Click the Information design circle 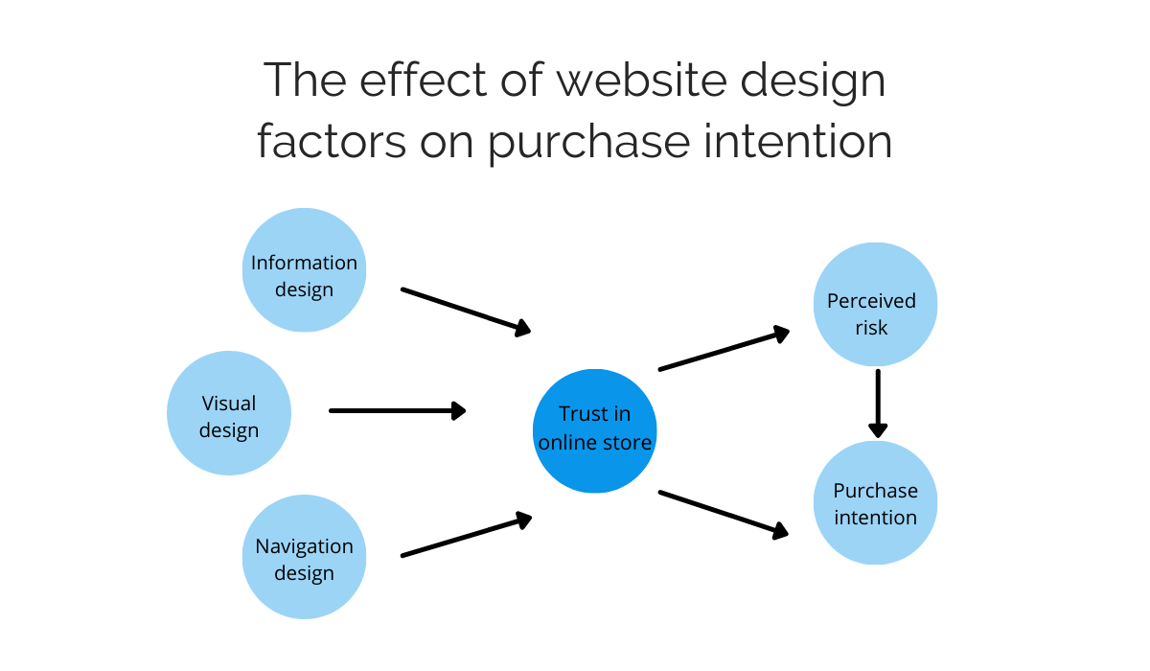point(304,270)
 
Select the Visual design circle point(229,413)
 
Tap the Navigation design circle point(304,556)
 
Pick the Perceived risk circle point(874,305)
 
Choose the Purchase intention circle point(875,502)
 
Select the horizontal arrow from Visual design point(397,410)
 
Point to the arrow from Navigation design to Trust point(466,536)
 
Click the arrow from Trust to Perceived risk point(724,350)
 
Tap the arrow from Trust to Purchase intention point(724,512)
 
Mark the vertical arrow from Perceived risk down point(877,404)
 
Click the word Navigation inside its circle point(304,546)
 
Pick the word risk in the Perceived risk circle point(871,328)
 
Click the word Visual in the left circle point(229,404)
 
